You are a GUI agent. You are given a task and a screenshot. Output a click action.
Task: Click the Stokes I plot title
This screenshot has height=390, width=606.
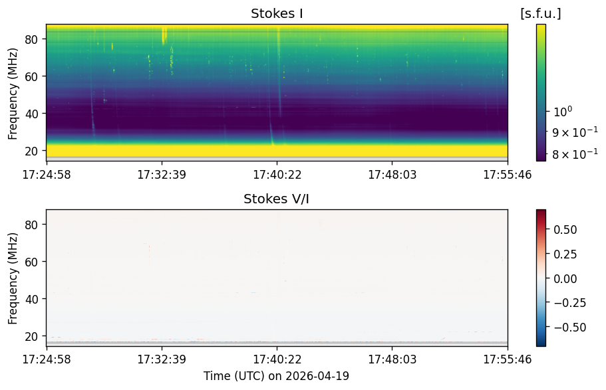coord(277,13)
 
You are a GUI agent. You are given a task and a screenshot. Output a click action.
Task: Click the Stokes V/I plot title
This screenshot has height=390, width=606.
coord(276,199)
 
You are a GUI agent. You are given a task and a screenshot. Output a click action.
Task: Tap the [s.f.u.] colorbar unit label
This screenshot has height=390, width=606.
coord(541,13)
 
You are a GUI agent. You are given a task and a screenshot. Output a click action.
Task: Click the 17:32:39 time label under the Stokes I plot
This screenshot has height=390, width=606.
coord(162,175)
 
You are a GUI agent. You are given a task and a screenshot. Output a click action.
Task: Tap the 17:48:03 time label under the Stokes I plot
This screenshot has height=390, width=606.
coord(392,175)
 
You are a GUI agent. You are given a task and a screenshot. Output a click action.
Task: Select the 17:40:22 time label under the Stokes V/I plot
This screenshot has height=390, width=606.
coord(277,359)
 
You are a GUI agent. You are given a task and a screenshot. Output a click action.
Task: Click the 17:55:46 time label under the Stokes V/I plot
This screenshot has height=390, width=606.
coord(508,359)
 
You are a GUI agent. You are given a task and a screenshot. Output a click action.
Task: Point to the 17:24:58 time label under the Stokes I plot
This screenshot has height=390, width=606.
coord(47,175)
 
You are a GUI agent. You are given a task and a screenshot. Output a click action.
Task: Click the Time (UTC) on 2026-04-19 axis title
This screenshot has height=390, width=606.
coord(276,375)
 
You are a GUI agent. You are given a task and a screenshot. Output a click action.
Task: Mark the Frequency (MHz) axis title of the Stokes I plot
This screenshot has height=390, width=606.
coord(13,94)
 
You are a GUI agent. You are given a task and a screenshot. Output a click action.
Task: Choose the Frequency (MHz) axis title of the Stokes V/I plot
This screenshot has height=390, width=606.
coord(13,278)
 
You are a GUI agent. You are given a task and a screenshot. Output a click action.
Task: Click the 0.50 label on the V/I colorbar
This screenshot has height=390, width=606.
coord(565,230)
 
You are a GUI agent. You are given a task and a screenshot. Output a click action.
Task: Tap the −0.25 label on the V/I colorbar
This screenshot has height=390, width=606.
coord(569,303)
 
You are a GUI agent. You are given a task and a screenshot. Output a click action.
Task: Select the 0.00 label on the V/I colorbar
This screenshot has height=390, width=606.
coord(565,278)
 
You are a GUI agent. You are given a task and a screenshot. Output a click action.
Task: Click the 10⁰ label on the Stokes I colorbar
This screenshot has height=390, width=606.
coord(563,112)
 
